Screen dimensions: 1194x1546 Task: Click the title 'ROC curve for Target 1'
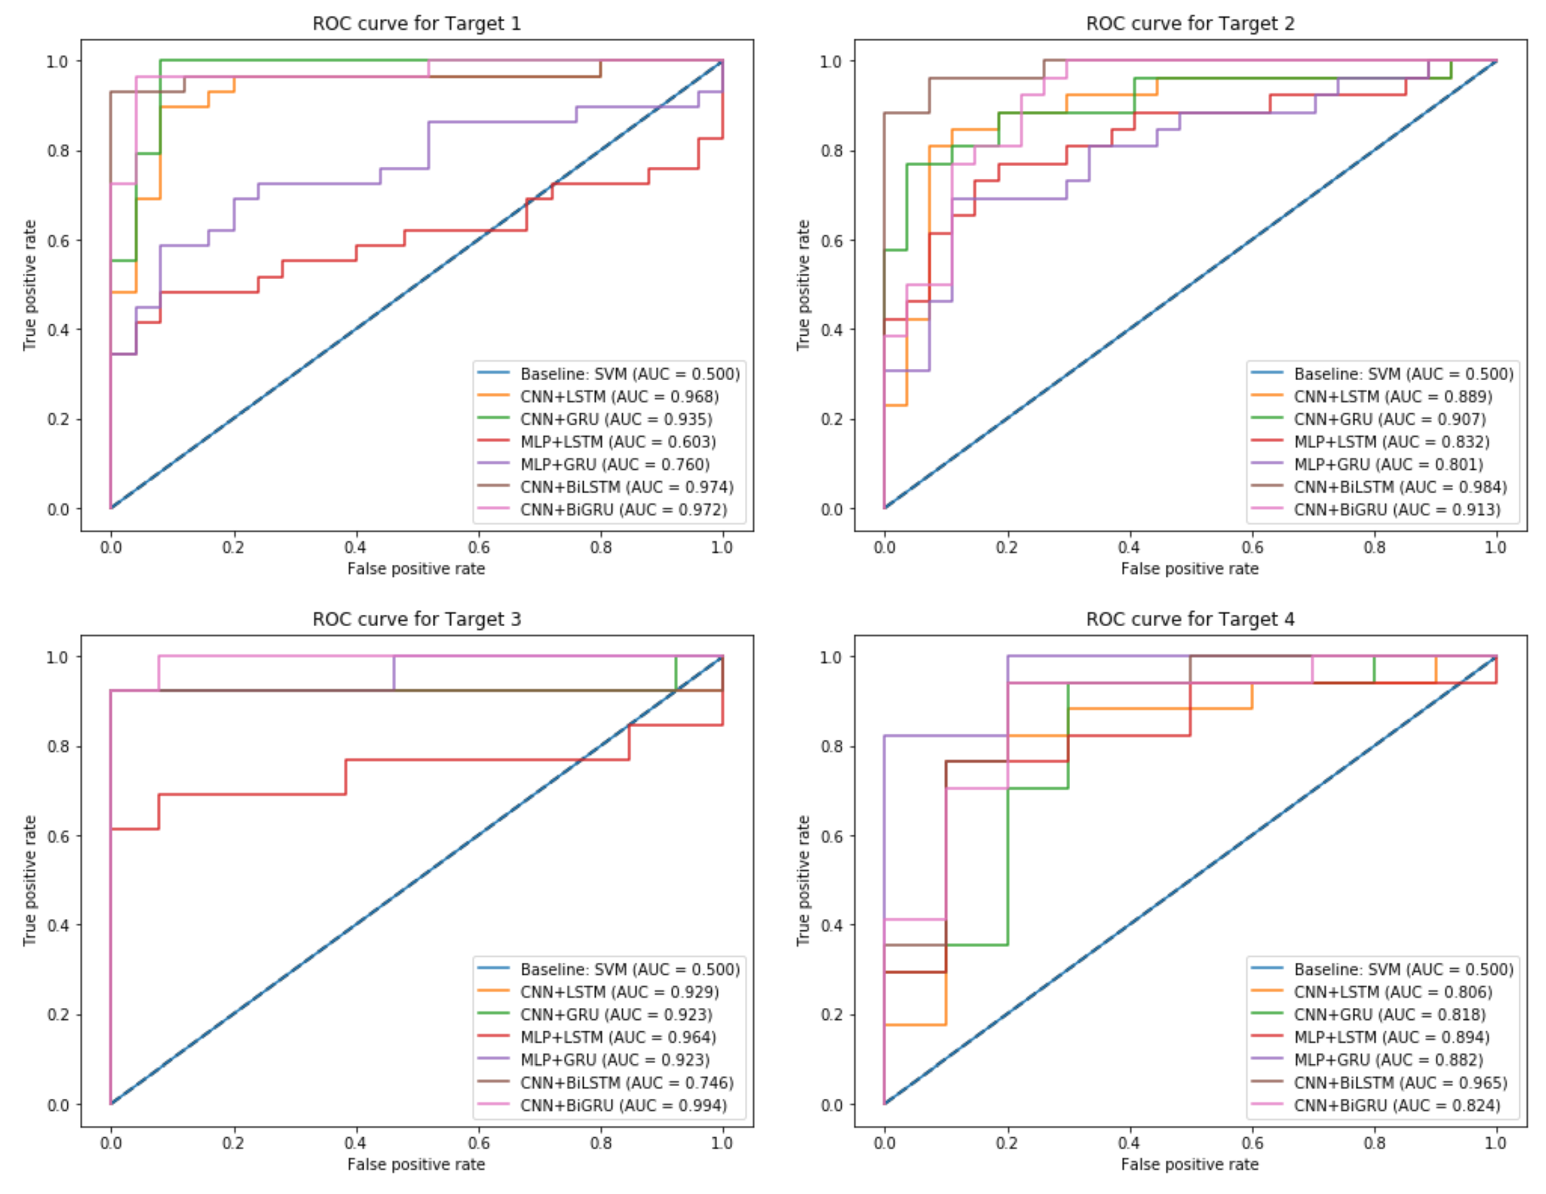point(416,23)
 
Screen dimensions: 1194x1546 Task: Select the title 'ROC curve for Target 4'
point(1190,619)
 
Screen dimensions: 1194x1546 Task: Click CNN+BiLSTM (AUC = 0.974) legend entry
point(626,487)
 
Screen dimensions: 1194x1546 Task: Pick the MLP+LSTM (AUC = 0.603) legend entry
point(618,441)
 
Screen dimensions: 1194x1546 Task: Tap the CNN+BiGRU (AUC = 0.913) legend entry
point(1397,510)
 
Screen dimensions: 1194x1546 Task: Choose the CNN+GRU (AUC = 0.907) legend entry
point(1389,419)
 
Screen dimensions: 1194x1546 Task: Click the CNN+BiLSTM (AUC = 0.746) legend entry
point(626,1083)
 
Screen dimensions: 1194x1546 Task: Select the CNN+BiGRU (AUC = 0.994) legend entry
point(623,1105)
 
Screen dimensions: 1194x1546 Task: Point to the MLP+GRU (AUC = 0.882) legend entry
point(1388,1060)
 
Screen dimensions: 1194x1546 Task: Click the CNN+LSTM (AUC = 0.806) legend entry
point(1393,992)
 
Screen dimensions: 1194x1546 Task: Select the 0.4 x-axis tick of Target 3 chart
point(355,1143)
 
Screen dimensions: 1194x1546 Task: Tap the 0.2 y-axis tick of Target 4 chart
point(830,1015)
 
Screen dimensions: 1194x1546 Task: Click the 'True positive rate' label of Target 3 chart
point(29,881)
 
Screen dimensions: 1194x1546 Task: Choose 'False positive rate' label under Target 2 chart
point(1189,569)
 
